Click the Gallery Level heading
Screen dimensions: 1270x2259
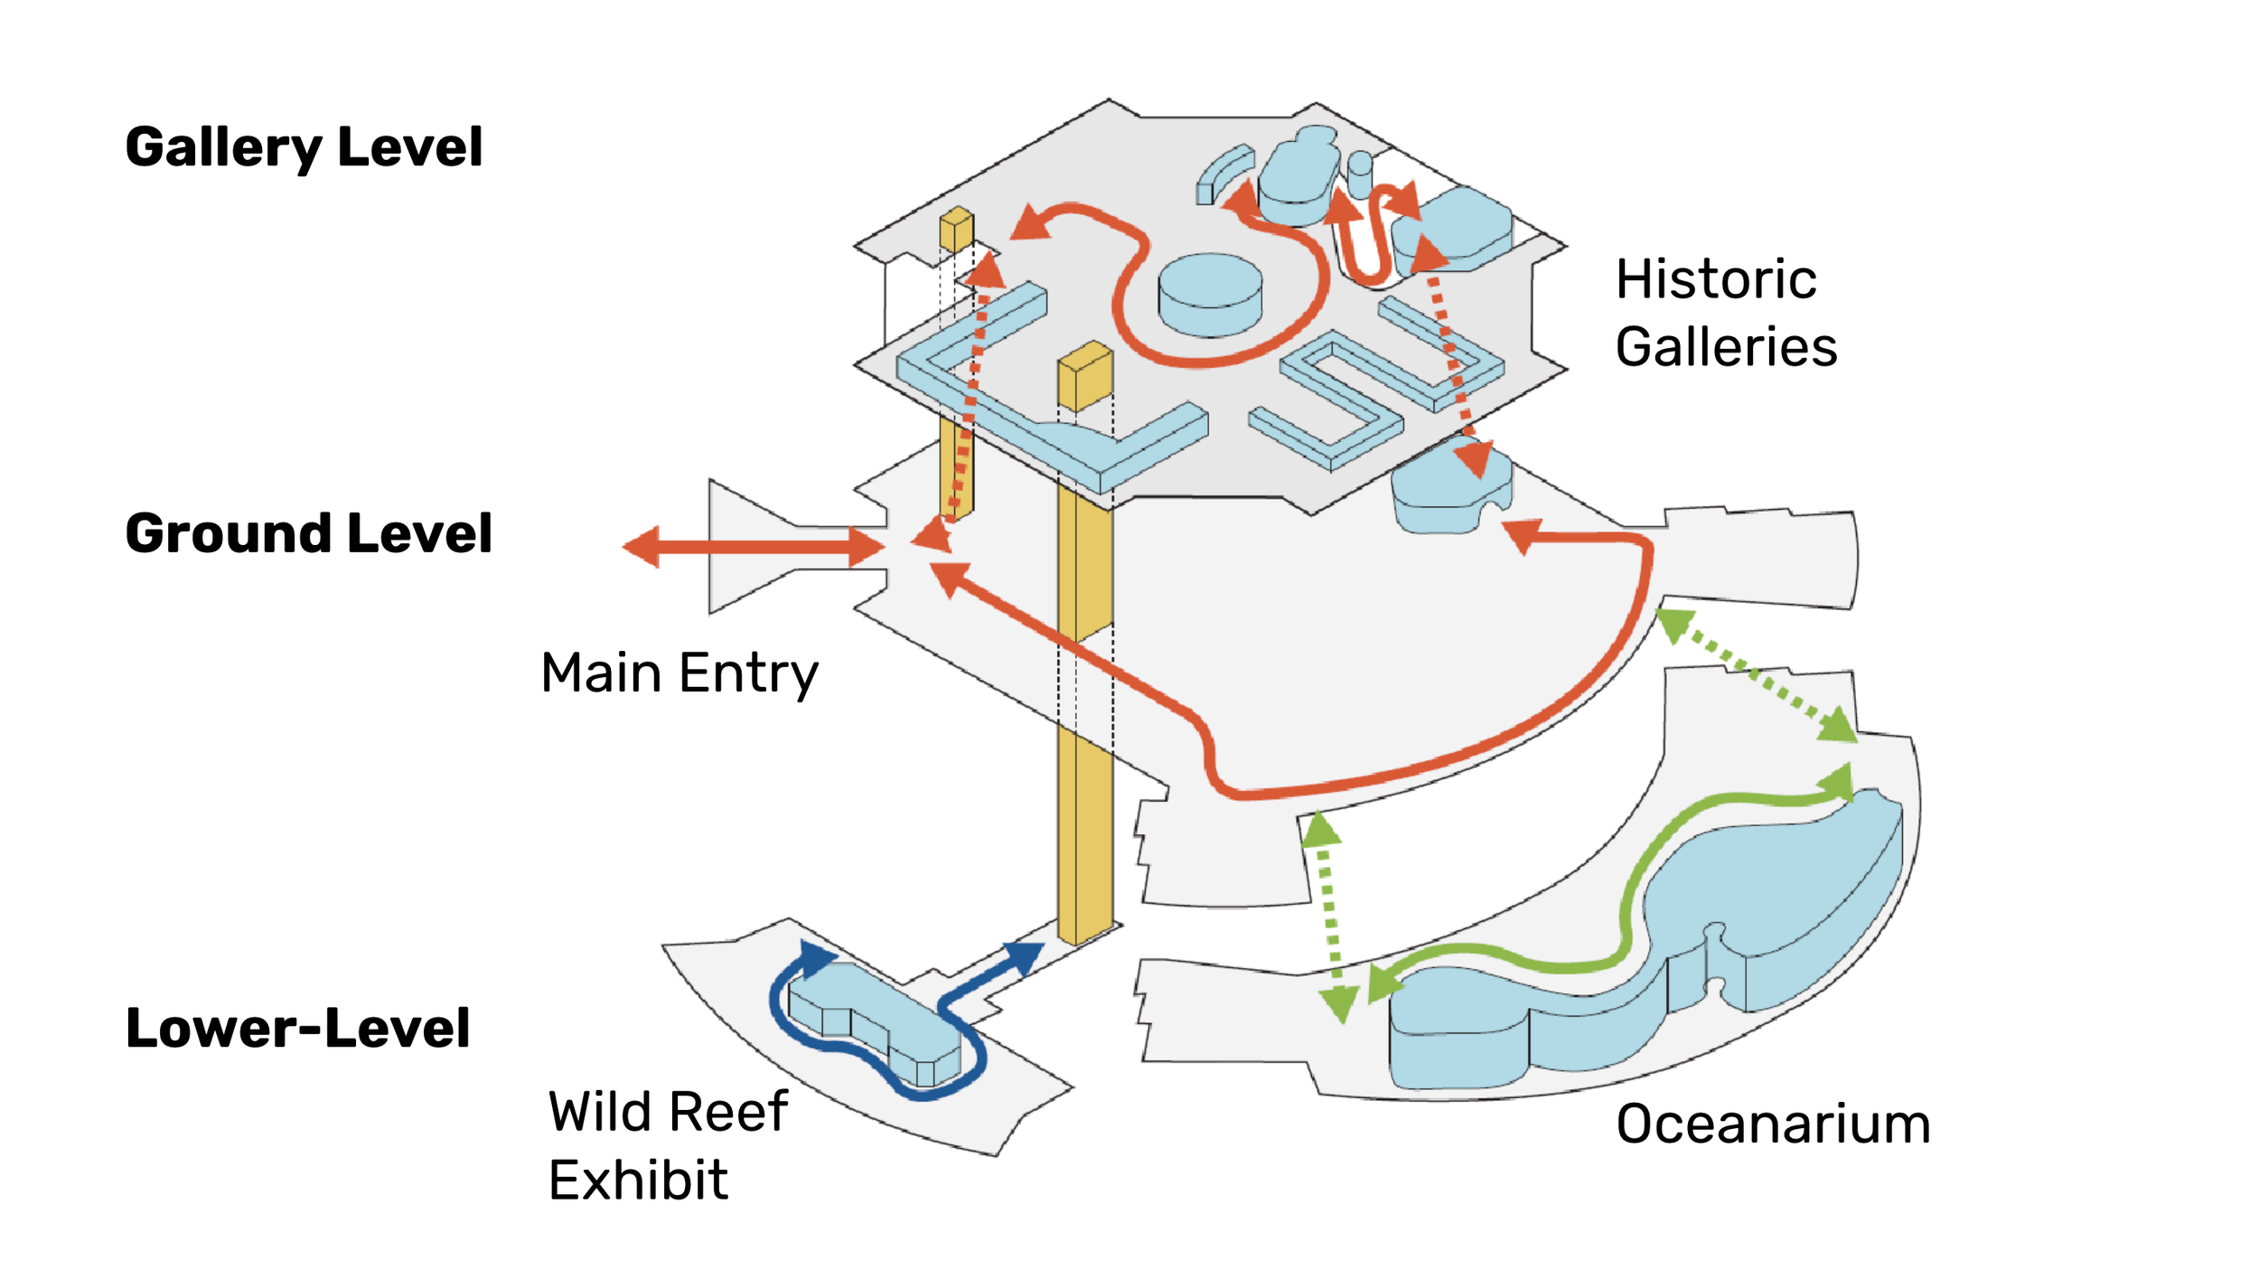pyautogui.click(x=304, y=147)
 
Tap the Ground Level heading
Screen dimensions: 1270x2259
pyautogui.click(x=308, y=533)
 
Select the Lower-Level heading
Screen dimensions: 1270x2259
pyautogui.click(x=297, y=1028)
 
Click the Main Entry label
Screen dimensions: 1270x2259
pyautogui.click(x=680, y=673)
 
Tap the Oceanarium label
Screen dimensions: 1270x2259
pyautogui.click(x=1773, y=1124)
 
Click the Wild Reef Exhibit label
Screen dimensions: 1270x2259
pyautogui.click(x=667, y=1145)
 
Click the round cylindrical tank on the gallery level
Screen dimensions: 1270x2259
pyautogui.click(x=1210, y=294)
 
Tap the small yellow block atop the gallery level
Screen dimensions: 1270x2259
pyautogui.click(x=956, y=229)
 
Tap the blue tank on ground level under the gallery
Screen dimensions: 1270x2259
pyautogui.click(x=1446, y=493)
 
